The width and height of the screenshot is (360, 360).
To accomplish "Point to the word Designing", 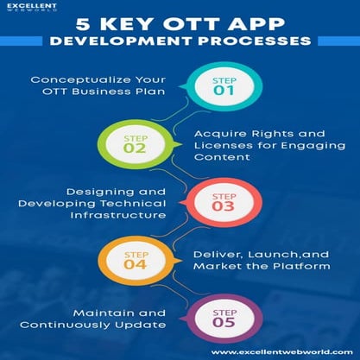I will tap(66, 189).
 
